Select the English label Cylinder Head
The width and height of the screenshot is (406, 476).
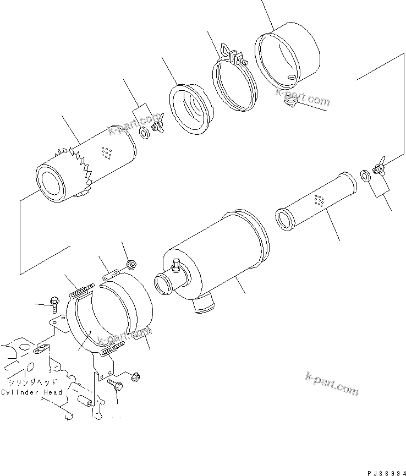31,392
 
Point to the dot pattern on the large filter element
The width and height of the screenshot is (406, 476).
107,153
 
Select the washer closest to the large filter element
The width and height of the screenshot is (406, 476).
145,133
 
